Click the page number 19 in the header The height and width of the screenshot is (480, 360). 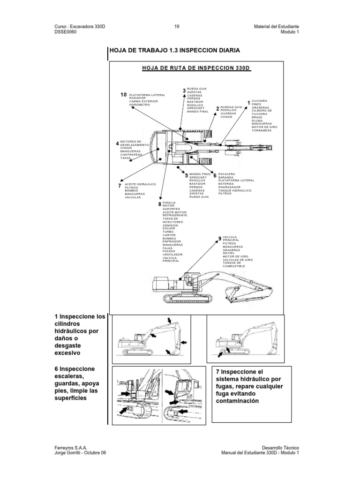pyautogui.click(x=177, y=27)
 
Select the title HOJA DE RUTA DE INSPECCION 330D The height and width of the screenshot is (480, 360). pyautogui.click(x=196, y=68)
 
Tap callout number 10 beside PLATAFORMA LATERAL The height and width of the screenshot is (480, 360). pyautogui.click(x=124, y=95)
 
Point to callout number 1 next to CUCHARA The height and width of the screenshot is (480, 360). pyautogui.click(x=248, y=102)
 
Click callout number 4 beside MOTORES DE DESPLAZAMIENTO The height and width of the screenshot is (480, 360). pyautogui.click(x=118, y=143)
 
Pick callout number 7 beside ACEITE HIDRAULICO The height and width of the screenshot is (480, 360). pyautogui.click(x=120, y=186)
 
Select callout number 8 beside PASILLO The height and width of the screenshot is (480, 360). pyautogui.click(x=159, y=204)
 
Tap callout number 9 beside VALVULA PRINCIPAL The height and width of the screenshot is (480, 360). pyautogui.click(x=219, y=240)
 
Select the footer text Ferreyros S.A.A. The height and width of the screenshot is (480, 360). pyautogui.click(x=71, y=448)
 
